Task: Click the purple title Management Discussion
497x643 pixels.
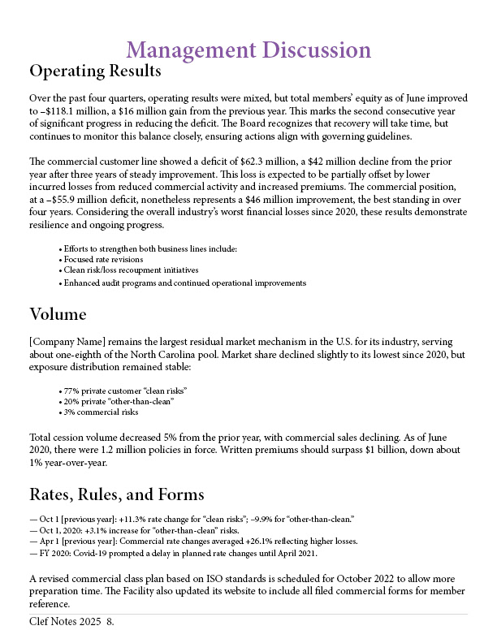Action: [x=248, y=50]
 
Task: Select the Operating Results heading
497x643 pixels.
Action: [x=95, y=71]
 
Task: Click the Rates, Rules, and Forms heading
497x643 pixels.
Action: [x=116, y=494]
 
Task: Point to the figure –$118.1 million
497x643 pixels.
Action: [x=61, y=110]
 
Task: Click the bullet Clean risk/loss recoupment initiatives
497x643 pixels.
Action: [x=131, y=270]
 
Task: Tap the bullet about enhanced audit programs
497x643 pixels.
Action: [x=184, y=283]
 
